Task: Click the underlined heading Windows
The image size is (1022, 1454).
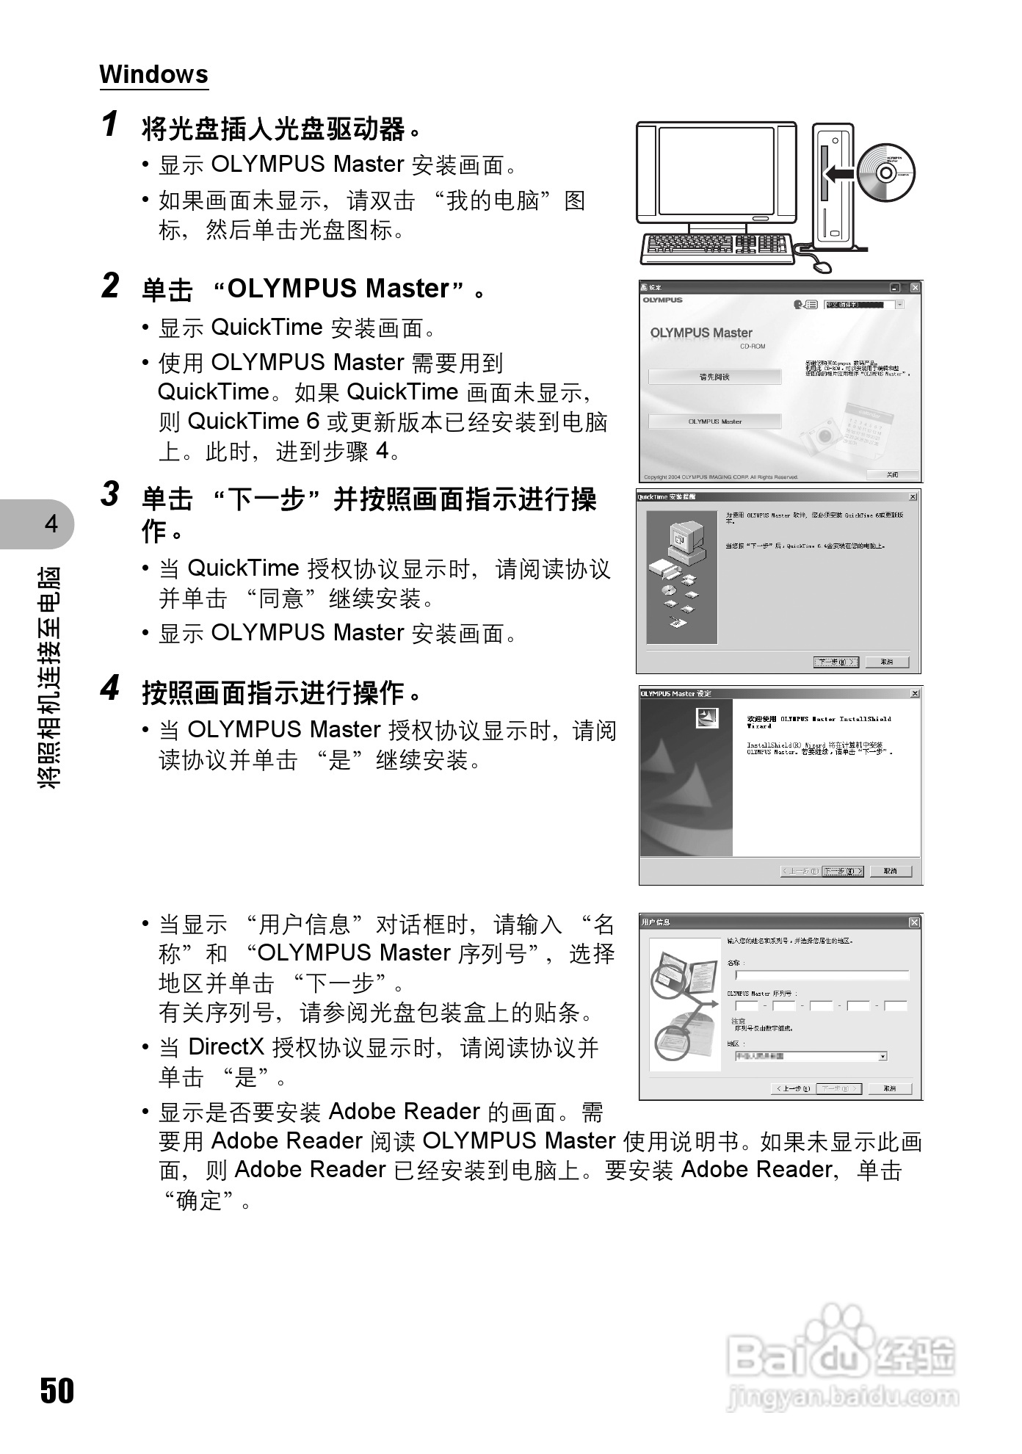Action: [x=153, y=74]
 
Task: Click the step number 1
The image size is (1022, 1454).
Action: [x=110, y=124]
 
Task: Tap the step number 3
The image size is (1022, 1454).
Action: [x=110, y=494]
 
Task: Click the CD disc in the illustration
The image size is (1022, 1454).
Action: [x=885, y=173]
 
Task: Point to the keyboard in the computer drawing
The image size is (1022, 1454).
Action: [x=717, y=248]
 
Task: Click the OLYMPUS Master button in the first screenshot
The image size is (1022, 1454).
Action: [x=714, y=422]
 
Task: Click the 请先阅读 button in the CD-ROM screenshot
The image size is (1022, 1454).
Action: [x=714, y=377]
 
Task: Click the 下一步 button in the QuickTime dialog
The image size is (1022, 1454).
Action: [x=836, y=662]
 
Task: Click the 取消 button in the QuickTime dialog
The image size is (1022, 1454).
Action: [x=886, y=662]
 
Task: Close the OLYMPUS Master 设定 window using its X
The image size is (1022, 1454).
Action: [x=915, y=693]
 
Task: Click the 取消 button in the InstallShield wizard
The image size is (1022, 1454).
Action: [x=890, y=871]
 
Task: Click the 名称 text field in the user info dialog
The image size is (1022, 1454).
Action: [x=822, y=975]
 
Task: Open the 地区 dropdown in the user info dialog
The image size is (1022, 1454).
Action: [x=883, y=1056]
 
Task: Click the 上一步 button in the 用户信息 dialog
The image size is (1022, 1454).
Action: [x=792, y=1088]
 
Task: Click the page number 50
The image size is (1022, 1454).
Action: [x=57, y=1390]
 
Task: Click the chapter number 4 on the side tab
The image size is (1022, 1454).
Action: [x=51, y=524]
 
